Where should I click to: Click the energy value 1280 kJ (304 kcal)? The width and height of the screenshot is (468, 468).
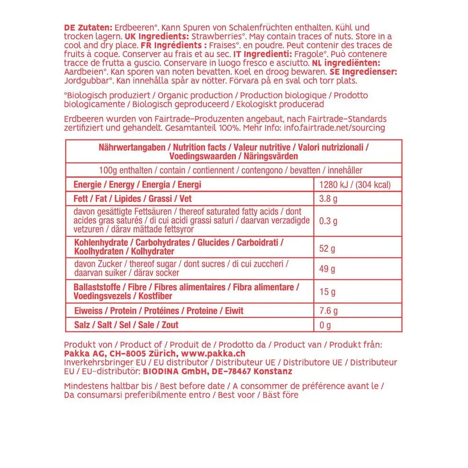click(x=354, y=185)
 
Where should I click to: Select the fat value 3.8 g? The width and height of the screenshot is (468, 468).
click(x=329, y=199)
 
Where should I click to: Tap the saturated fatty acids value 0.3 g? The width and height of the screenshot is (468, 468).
click(x=329, y=221)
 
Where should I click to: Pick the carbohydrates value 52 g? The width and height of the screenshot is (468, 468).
click(x=327, y=249)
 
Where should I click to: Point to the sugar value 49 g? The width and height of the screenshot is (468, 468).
click(x=327, y=269)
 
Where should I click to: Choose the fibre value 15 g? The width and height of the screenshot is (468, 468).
click(x=327, y=292)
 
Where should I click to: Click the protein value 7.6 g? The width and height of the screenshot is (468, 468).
click(x=329, y=311)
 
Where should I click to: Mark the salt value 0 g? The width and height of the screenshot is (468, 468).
click(x=325, y=325)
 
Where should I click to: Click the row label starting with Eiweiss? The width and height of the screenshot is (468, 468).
click(x=159, y=311)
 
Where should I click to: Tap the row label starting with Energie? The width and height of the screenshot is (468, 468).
click(x=138, y=185)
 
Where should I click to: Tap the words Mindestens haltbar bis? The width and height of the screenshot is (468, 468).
click(x=107, y=386)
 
